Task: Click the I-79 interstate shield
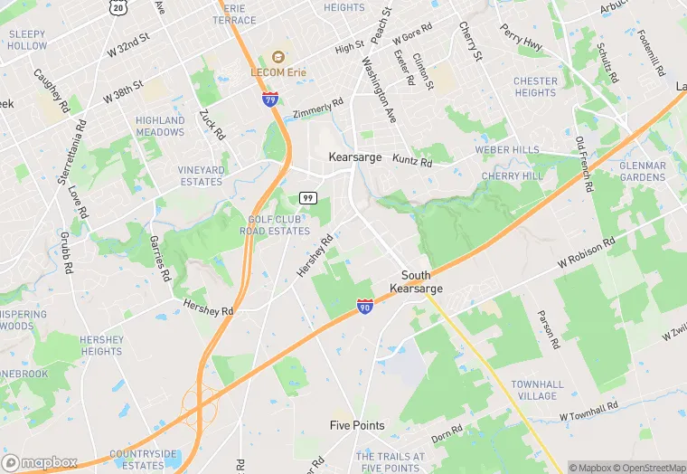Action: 270,100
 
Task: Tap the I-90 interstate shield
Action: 364,307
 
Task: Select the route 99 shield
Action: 308,197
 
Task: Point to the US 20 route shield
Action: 118,7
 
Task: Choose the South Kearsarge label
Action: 416,281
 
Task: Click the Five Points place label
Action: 357,425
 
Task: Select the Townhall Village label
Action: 537,390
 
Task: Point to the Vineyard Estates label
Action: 201,175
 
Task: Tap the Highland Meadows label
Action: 160,126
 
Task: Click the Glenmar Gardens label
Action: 643,172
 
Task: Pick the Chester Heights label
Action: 535,87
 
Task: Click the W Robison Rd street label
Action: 587,253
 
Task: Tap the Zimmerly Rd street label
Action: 318,107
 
